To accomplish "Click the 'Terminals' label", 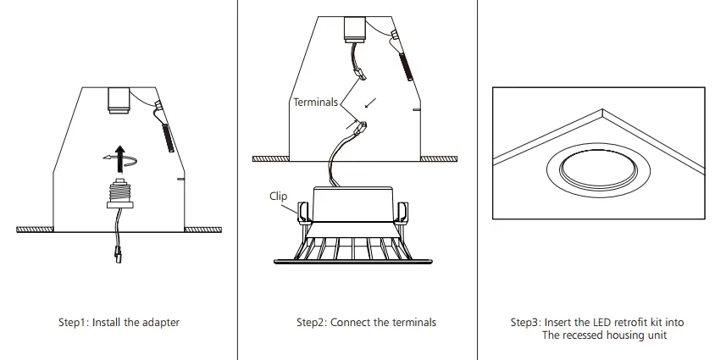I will [x=315, y=102].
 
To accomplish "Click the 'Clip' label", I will [x=279, y=196].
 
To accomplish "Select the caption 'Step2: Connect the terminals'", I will [x=366, y=322].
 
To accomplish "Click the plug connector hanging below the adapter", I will [x=116, y=251].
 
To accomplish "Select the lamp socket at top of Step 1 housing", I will [x=118, y=99].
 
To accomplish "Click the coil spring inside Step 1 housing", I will [x=168, y=136].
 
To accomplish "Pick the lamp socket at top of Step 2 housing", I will [x=354, y=28].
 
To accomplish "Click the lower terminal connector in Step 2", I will [x=361, y=128].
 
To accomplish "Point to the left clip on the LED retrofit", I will [x=301, y=213].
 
